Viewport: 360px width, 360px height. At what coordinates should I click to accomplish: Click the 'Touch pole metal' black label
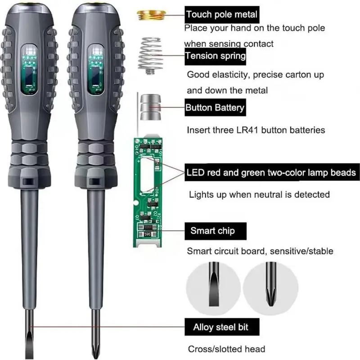tap(222, 14)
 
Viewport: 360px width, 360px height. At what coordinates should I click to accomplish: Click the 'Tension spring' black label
tap(216, 56)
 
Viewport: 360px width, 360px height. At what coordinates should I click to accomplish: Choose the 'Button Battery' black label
tap(215, 108)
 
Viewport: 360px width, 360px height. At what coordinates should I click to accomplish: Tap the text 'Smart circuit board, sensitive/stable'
tap(260, 251)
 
